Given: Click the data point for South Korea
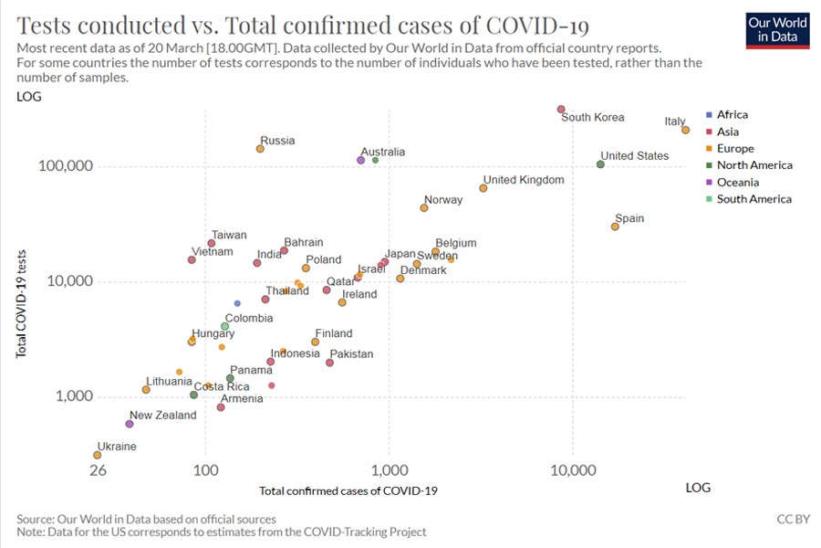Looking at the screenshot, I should click(561, 110).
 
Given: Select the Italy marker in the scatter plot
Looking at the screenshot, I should click(685, 130).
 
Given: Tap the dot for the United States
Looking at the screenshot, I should click(600, 164).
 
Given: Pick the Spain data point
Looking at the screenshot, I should click(615, 227).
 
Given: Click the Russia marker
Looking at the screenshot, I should click(260, 149).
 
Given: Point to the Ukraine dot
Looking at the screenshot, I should click(97, 455).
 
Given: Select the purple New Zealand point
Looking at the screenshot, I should click(130, 424).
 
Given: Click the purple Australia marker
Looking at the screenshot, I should click(360, 160).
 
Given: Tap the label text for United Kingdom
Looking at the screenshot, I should click(523, 180).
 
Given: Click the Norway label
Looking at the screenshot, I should click(442, 201).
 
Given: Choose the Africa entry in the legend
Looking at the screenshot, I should click(732, 115).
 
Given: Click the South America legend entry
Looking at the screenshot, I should click(753, 199).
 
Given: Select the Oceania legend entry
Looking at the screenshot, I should click(737, 183).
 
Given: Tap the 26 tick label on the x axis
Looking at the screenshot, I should click(98, 471).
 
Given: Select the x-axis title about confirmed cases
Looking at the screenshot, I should click(348, 491).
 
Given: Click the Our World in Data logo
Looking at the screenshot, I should click(771, 29).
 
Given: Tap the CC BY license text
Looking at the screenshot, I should click(792, 519).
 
